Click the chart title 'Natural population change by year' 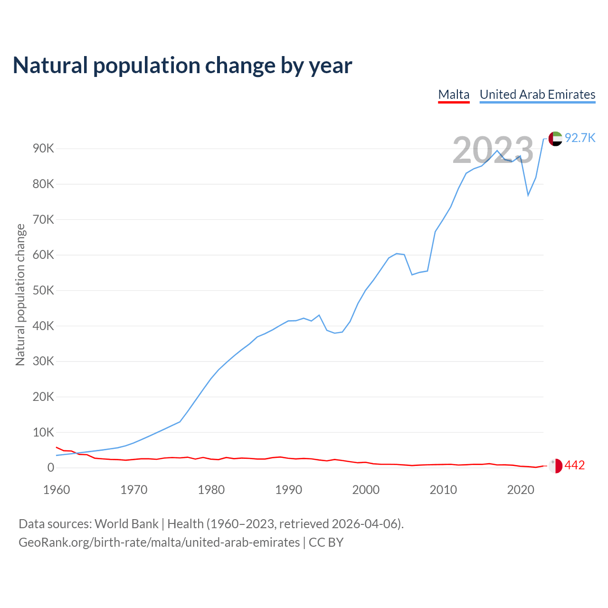(x=182, y=66)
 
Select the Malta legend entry (x=454, y=95)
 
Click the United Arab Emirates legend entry (x=537, y=95)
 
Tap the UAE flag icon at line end (x=555, y=139)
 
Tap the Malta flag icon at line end (x=555, y=466)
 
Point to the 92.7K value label (x=580, y=138)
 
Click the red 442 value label (x=575, y=465)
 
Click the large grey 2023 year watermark (x=493, y=150)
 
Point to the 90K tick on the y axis (x=44, y=149)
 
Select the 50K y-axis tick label (x=44, y=290)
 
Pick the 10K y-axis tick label (x=44, y=432)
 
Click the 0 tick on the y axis (x=51, y=468)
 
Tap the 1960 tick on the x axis (x=57, y=490)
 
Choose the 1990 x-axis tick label (x=289, y=490)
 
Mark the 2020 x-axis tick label (x=521, y=490)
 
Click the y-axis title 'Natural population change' (x=20, y=294)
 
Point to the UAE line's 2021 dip (x=528, y=195)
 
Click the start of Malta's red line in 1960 (x=57, y=447)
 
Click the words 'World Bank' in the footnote (x=126, y=524)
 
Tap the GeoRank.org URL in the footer (x=159, y=542)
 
